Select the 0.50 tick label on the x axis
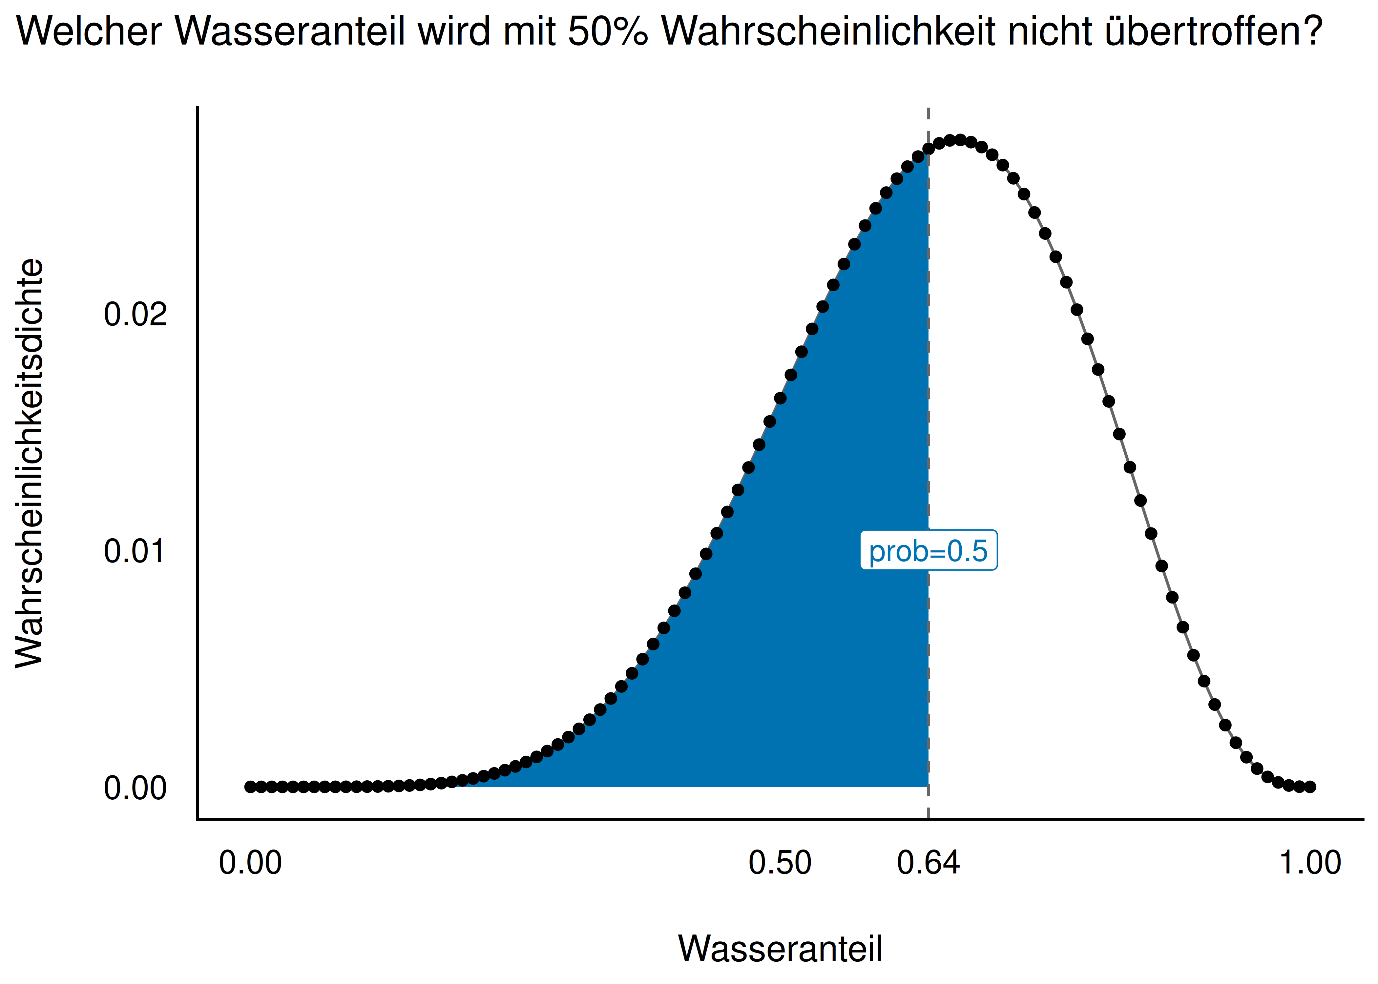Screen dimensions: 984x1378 (780, 863)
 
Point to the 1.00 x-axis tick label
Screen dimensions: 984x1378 (1310, 863)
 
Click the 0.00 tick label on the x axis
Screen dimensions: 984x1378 (250, 863)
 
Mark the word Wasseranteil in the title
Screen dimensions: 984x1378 (291, 31)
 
